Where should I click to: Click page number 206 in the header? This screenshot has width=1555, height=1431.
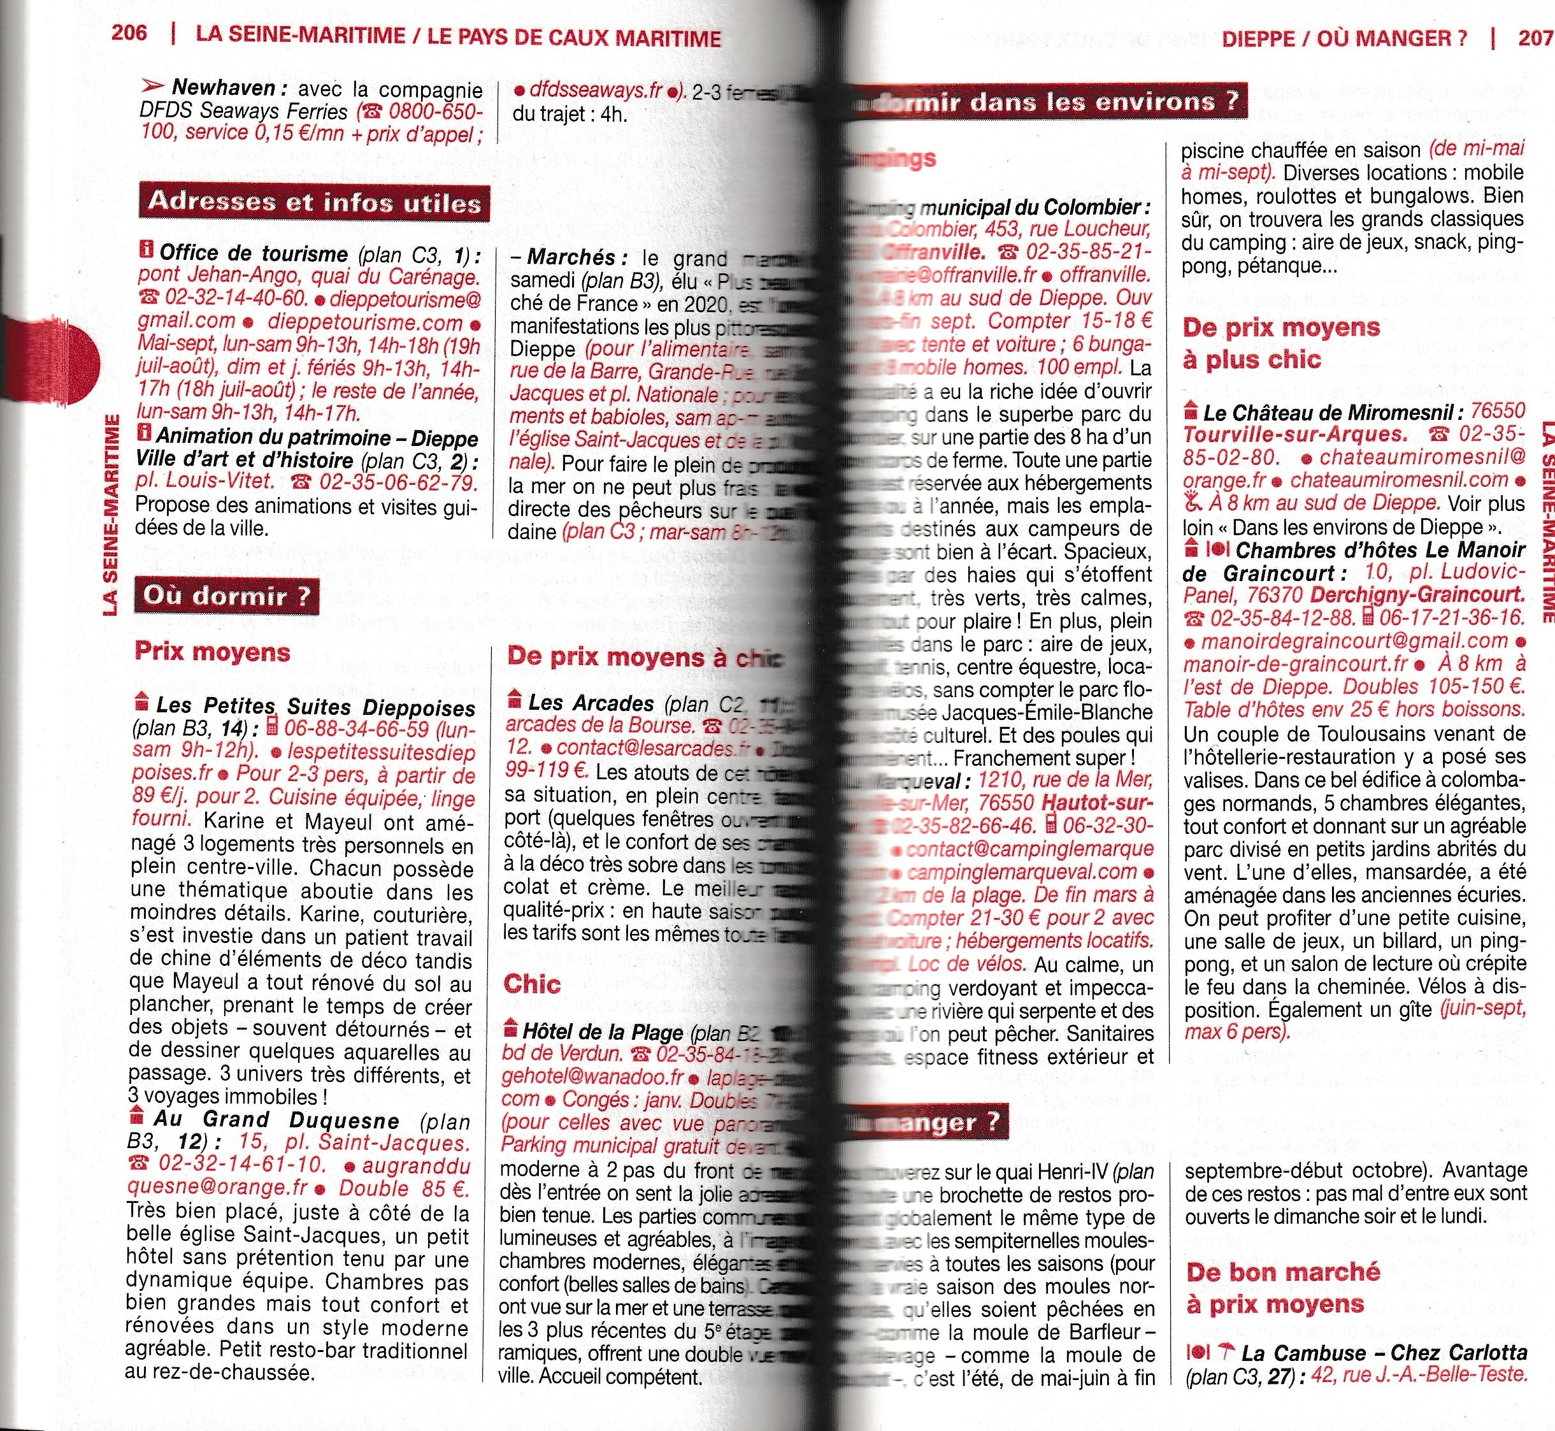pyautogui.click(x=129, y=33)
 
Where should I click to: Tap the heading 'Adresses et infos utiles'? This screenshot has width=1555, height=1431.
pyautogui.click(x=315, y=202)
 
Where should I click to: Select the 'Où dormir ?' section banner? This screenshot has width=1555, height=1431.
pyautogui.click(x=226, y=596)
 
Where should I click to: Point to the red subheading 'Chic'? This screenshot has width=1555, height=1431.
pyautogui.click(x=532, y=984)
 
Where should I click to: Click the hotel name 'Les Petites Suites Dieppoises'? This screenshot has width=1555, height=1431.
pyautogui.click(x=315, y=707)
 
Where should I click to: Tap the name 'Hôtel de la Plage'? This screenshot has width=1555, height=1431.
pyautogui.click(x=603, y=1032)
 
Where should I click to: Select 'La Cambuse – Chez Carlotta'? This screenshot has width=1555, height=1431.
pyautogui.click(x=1384, y=1353)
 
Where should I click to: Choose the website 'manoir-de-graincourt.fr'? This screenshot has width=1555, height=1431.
pyautogui.click(x=1296, y=665)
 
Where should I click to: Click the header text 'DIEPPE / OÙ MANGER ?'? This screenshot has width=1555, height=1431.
pyautogui.click(x=1344, y=39)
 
